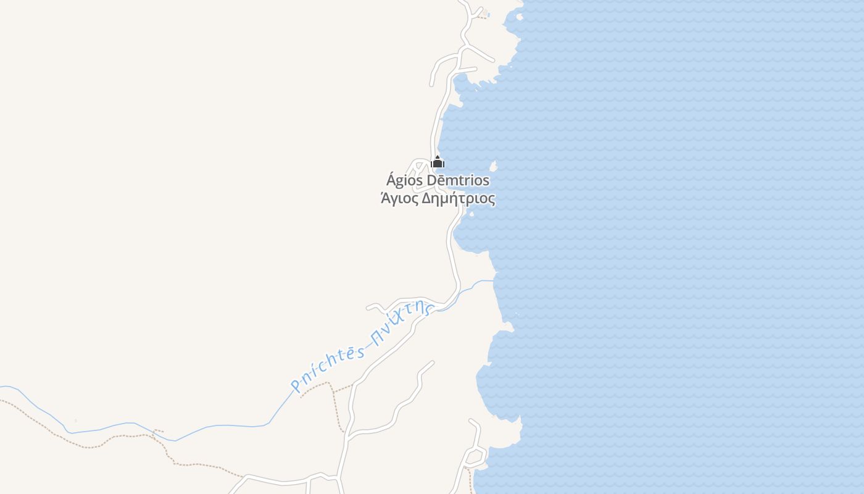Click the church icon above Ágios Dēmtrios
click(x=438, y=162)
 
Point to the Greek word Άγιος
click(x=398, y=199)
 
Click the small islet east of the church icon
click(x=493, y=166)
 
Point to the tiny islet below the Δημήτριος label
click(x=471, y=214)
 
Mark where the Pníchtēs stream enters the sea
click(x=494, y=281)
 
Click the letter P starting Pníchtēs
click(x=296, y=387)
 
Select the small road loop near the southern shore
click(x=475, y=458)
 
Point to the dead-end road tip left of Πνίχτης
click(x=368, y=307)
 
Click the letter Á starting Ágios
click(x=391, y=180)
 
